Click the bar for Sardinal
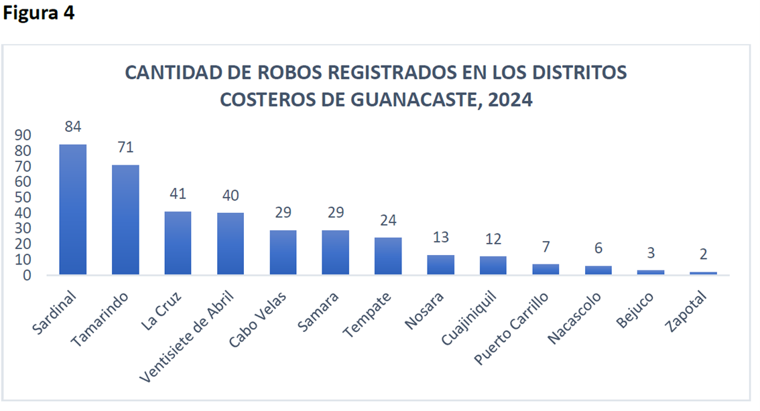73,209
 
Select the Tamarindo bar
125,220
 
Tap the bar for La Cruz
178,243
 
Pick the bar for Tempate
387,256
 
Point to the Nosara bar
440,264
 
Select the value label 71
125,148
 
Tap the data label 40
230,195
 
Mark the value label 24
387,220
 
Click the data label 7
546,248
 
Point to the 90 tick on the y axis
23,135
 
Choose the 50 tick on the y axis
23,197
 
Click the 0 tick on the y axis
27,275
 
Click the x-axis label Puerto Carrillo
512,327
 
